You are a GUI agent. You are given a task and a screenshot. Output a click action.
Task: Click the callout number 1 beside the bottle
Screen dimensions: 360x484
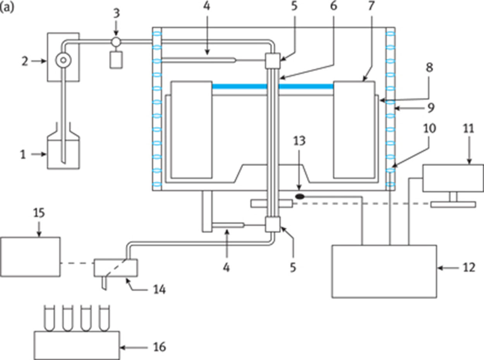(x=22, y=155)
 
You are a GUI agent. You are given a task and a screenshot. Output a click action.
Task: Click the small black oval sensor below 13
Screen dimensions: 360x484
(x=299, y=197)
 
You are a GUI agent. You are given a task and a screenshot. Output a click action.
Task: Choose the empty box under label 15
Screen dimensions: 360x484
(x=31, y=257)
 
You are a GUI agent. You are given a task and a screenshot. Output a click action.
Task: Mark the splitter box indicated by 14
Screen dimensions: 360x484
(x=116, y=268)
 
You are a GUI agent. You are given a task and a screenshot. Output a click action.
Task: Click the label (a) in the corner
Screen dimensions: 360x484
(x=8, y=8)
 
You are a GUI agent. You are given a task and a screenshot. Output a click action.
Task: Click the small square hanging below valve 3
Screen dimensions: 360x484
(x=115, y=60)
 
